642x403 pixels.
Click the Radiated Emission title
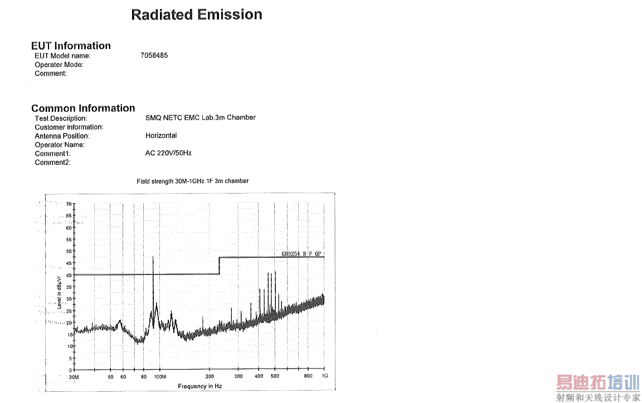(x=197, y=15)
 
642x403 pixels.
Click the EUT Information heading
(x=71, y=46)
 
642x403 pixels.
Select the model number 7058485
(x=154, y=56)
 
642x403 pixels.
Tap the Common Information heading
(x=83, y=108)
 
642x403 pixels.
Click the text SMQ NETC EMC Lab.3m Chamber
(x=200, y=117)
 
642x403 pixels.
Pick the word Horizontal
(x=161, y=135)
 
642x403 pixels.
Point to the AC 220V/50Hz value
(x=168, y=153)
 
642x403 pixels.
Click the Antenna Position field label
(x=62, y=136)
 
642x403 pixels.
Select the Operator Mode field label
(x=59, y=65)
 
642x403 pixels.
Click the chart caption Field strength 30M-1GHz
(x=192, y=181)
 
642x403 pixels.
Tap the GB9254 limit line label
(x=301, y=254)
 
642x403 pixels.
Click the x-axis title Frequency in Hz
(x=200, y=386)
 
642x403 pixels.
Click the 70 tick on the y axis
(x=69, y=204)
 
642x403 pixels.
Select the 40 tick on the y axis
(x=69, y=275)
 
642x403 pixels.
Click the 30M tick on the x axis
(x=74, y=377)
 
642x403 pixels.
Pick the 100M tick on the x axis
(x=159, y=377)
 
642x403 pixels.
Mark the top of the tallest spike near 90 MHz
(x=153, y=257)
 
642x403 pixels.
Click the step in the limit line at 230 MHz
(x=220, y=266)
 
